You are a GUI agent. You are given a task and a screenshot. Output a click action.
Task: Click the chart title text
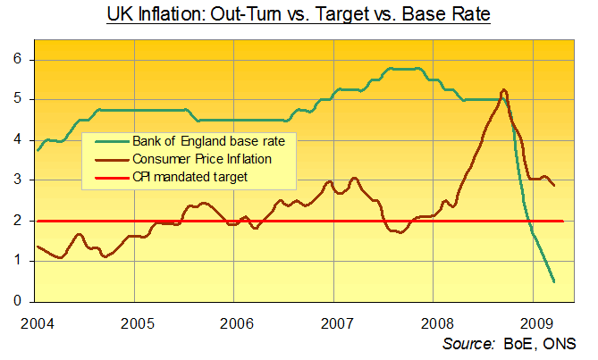click(299, 15)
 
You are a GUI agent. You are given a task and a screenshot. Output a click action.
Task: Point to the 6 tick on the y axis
click(17, 60)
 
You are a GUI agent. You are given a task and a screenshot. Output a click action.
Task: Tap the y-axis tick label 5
click(17, 100)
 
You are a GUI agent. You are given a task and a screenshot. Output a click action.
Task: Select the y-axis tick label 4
click(17, 140)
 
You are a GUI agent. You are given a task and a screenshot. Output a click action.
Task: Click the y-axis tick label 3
click(17, 180)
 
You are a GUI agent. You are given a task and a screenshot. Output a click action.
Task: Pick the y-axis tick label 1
click(17, 261)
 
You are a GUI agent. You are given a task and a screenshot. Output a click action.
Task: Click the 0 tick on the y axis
click(17, 301)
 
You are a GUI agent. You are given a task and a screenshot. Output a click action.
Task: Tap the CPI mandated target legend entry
click(189, 178)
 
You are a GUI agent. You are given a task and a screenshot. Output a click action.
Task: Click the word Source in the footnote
click(467, 343)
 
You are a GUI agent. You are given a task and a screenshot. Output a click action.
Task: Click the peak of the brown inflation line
click(505, 90)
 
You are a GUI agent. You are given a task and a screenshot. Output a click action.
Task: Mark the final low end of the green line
click(554, 281)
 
